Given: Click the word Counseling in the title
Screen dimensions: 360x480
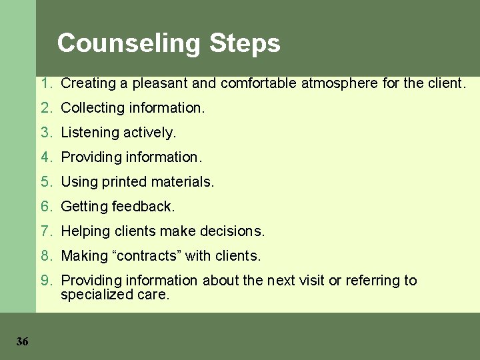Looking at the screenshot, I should coord(129,43).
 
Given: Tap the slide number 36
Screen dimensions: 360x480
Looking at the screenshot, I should coord(22,341).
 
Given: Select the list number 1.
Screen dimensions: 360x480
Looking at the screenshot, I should coord(45,83).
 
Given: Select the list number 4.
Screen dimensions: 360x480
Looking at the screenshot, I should coord(45,157).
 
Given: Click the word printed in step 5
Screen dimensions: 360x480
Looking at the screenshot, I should coord(127,182).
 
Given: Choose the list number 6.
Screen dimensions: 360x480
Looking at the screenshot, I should coord(45,207).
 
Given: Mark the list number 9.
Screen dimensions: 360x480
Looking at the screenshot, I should coord(45,281).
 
